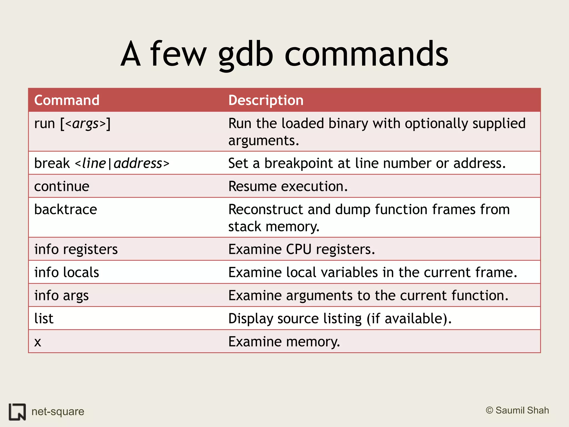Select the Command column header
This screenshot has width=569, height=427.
pyautogui.click(x=67, y=100)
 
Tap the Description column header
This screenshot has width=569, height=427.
pyautogui.click(x=266, y=100)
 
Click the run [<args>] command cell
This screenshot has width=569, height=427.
pyautogui.click(x=72, y=124)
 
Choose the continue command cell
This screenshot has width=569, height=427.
pyautogui.click(x=62, y=186)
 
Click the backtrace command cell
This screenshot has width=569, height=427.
pyautogui.click(x=66, y=209)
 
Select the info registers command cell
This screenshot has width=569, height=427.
pyautogui.click(x=76, y=249)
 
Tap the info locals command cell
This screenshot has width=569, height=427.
pyautogui.click(x=67, y=272)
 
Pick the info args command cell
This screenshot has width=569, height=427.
pyautogui.click(x=61, y=296)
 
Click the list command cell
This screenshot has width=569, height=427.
pyautogui.click(x=44, y=319)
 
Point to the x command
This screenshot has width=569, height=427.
pyautogui.click(x=38, y=342)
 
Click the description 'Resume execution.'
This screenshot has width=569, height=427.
pyautogui.click(x=288, y=186)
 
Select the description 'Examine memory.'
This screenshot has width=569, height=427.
pyautogui.click(x=284, y=342)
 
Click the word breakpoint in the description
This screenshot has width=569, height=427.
pyautogui.click(x=298, y=163)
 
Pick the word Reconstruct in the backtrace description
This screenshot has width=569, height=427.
pyautogui.click(x=266, y=209)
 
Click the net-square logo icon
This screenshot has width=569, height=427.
pyautogui.click(x=17, y=412)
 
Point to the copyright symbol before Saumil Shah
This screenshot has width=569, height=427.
pyautogui.click(x=489, y=410)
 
